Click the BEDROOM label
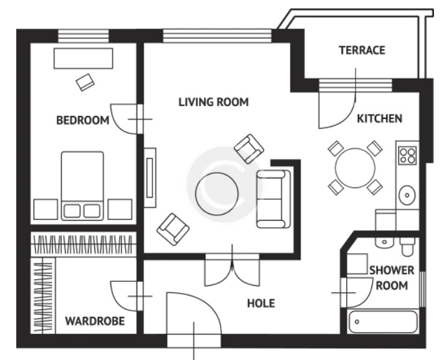(x=82, y=120)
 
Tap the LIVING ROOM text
(x=213, y=102)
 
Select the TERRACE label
(x=362, y=50)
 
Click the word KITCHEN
(x=379, y=118)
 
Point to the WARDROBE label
(x=94, y=321)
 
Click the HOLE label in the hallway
(x=260, y=303)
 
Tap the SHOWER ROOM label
(x=392, y=277)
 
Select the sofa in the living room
(x=272, y=199)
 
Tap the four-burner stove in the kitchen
(x=407, y=156)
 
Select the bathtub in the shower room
(x=383, y=322)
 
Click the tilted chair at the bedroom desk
(x=85, y=82)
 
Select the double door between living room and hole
(x=232, y=268)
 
